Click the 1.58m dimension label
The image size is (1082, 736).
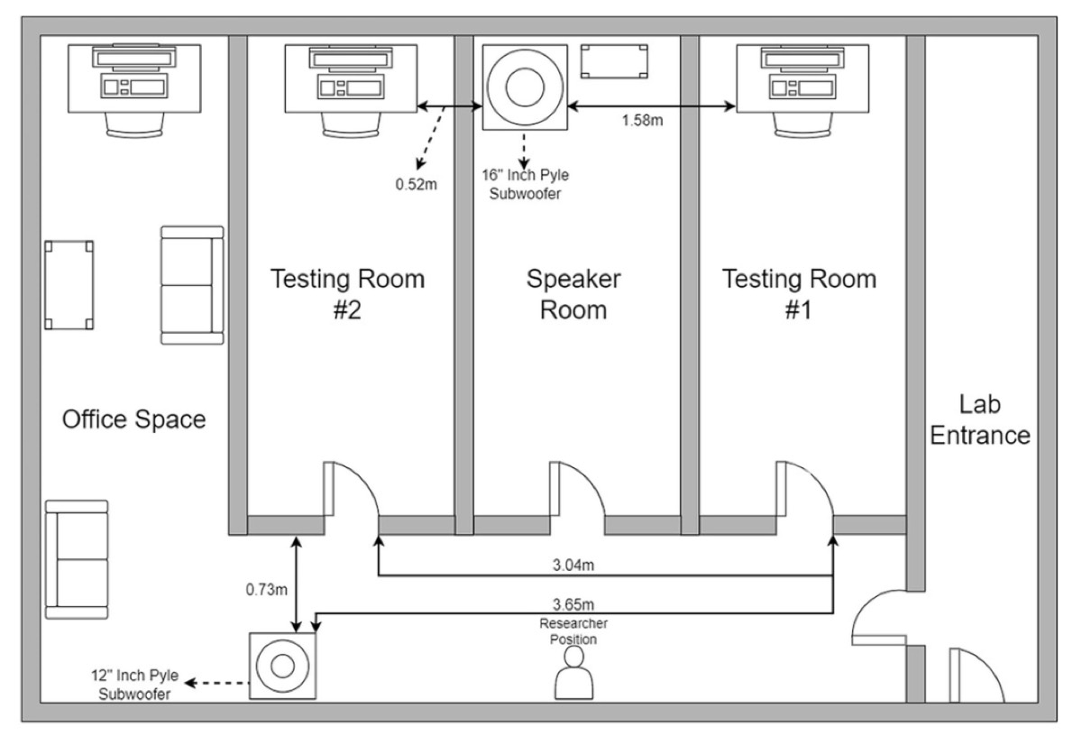[643, 121]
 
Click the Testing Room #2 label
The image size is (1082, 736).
[348, 294]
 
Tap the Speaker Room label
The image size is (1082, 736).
[573, 294]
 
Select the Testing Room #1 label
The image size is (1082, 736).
[799, 294]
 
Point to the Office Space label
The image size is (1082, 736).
[133, 419]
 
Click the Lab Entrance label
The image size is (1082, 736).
[980, 419]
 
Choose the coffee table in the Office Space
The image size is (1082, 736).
[69, 285]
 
